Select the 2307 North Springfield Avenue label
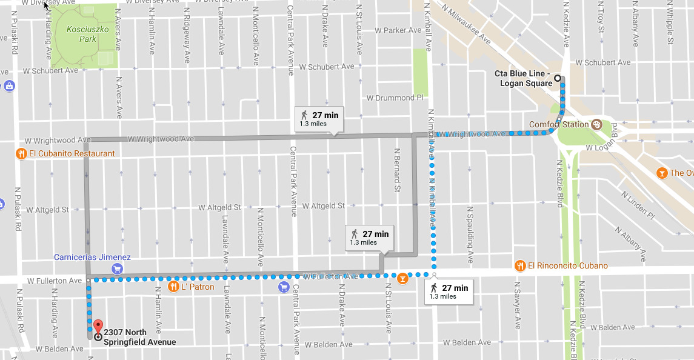[x=139, y=337]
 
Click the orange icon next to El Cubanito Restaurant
[x=21, y=153]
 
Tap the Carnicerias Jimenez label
[x=92, y=257]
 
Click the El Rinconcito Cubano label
[x=567, y=265]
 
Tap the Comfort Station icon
[x=596, y=124]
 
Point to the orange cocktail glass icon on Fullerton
[x=402, y=279]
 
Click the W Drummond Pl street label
[x=395, y=98]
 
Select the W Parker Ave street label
[x=398, y=30]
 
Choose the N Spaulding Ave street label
[x=469, y=234]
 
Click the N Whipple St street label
[x=670, y=22]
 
